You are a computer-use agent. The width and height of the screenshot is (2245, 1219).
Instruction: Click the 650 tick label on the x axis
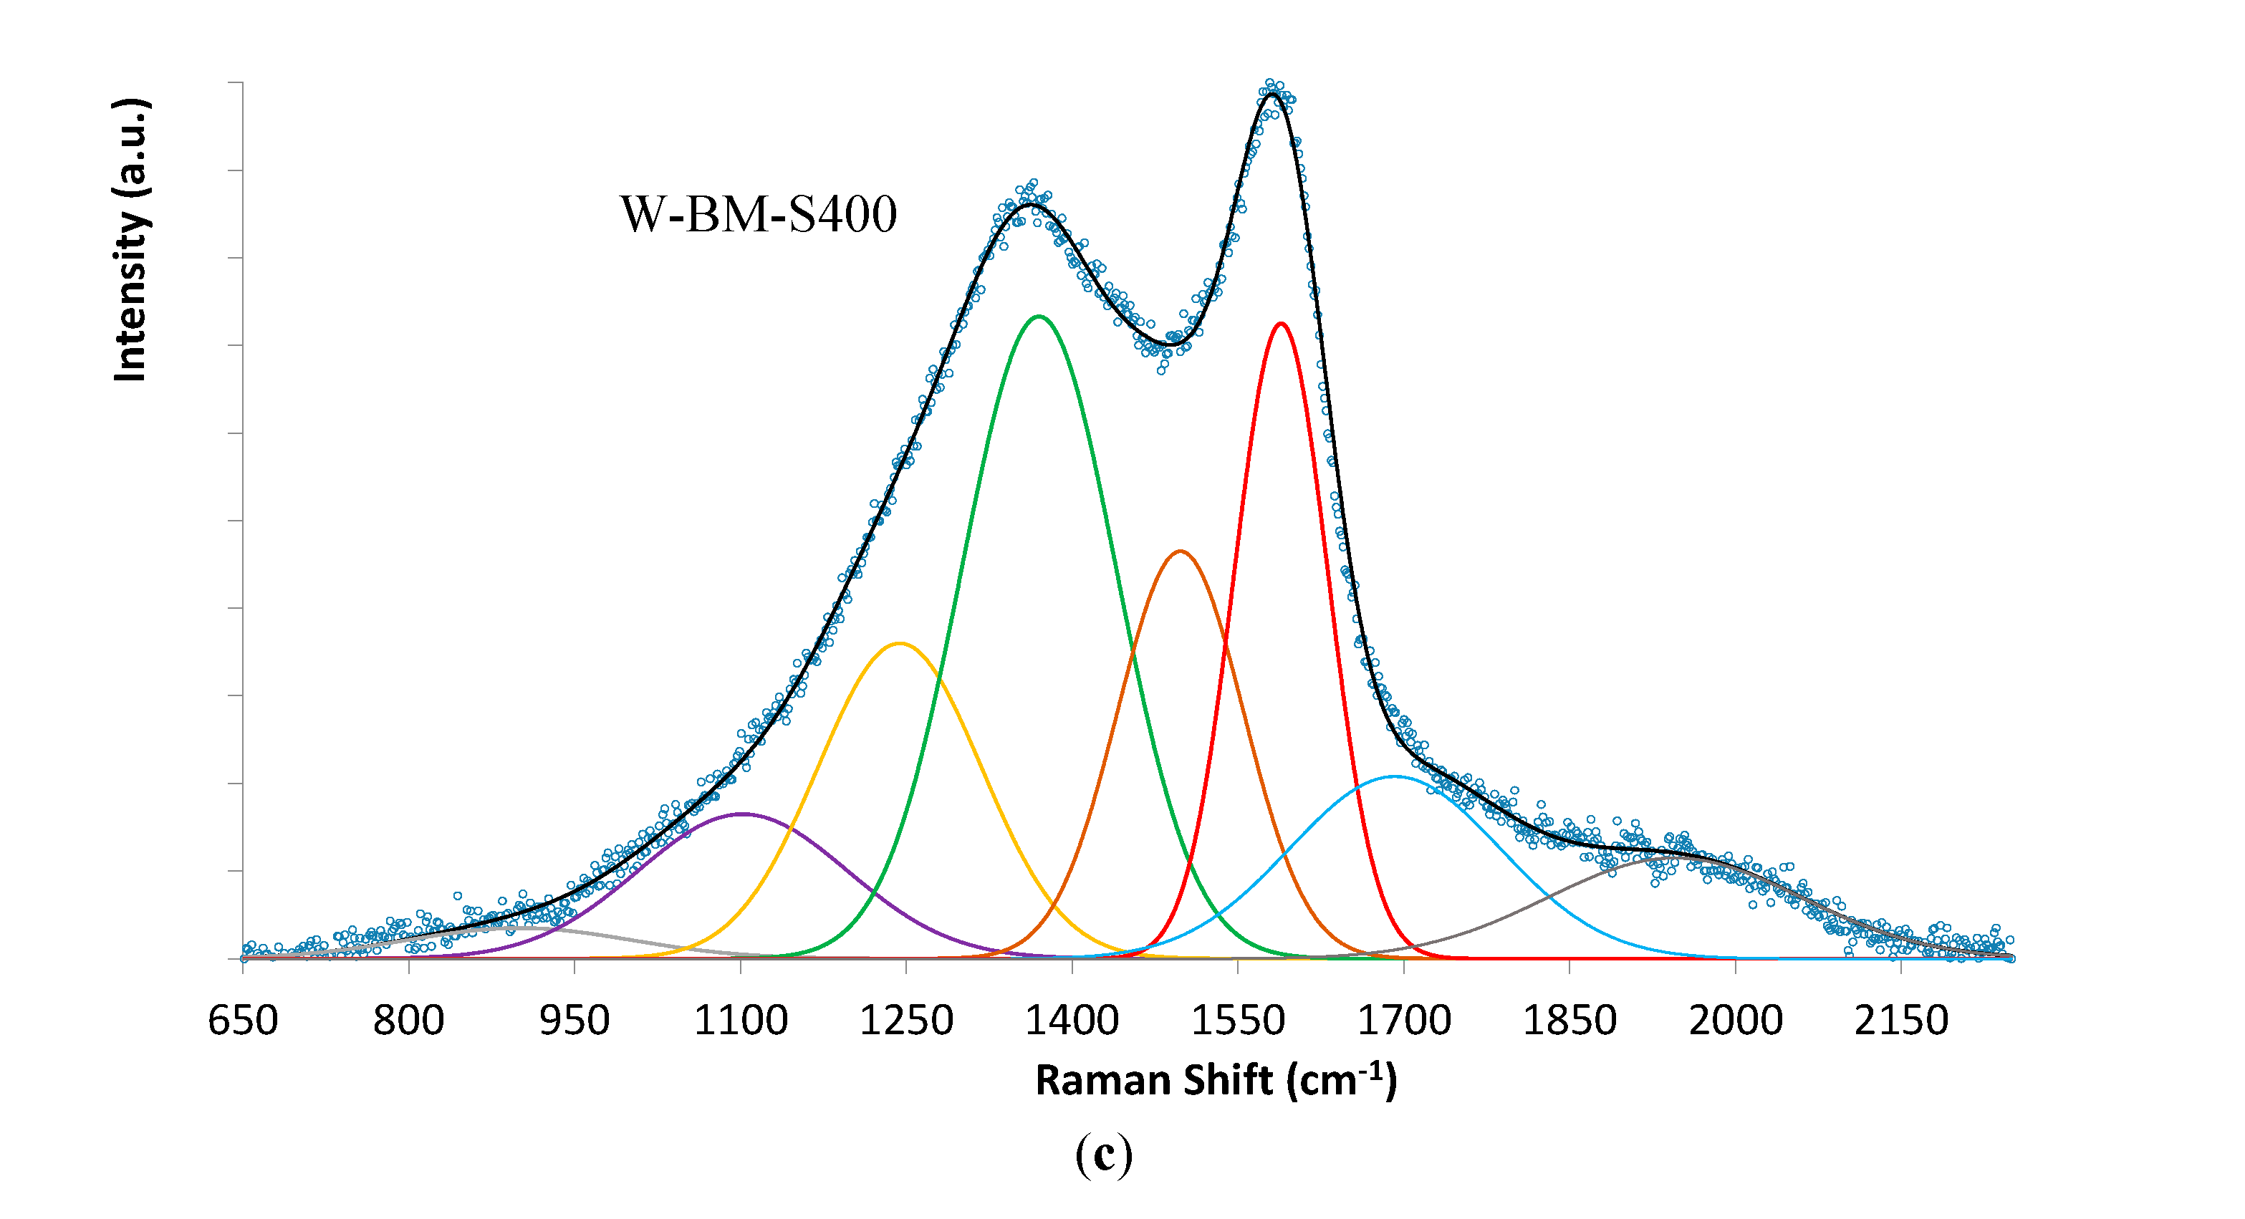tap(242, 1021)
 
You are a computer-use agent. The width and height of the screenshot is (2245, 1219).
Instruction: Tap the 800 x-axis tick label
tap(409, 1021)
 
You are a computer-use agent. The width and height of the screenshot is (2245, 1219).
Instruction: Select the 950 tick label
tap(575, 1021)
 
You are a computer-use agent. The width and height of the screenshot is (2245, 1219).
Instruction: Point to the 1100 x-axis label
tap(741, 1021)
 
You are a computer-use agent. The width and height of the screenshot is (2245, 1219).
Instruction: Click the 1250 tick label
tap(906, 1021)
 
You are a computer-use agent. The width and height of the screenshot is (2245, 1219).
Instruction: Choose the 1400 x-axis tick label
tap(1072, 1021)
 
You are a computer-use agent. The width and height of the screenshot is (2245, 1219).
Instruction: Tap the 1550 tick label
tap(1238, 1021)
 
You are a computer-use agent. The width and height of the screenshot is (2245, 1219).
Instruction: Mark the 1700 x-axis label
tap(1404, 1021)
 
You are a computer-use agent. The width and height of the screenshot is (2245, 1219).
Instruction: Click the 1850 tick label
tap(1569, 1021)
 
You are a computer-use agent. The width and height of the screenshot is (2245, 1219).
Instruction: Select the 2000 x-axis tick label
tap(1736, 1021)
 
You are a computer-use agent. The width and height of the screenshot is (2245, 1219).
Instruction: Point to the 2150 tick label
tap(1900, 1021)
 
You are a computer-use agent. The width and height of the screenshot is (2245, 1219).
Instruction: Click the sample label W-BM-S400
tap(758, 214)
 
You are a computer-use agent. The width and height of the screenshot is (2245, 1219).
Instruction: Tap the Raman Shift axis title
tap(1216, 1081)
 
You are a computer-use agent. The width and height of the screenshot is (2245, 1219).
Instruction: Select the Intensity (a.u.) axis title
tap(130, 240)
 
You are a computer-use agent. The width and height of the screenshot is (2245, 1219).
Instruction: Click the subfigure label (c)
tap(1103, 1155)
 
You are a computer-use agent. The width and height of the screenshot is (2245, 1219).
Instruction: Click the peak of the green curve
tap(1038, 317)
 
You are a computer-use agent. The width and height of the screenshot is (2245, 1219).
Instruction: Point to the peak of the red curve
tap(1280, 323)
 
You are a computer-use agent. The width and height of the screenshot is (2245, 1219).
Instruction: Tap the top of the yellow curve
tap(900, 643)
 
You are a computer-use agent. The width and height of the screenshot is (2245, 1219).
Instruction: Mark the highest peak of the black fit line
tap(1273, 93)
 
